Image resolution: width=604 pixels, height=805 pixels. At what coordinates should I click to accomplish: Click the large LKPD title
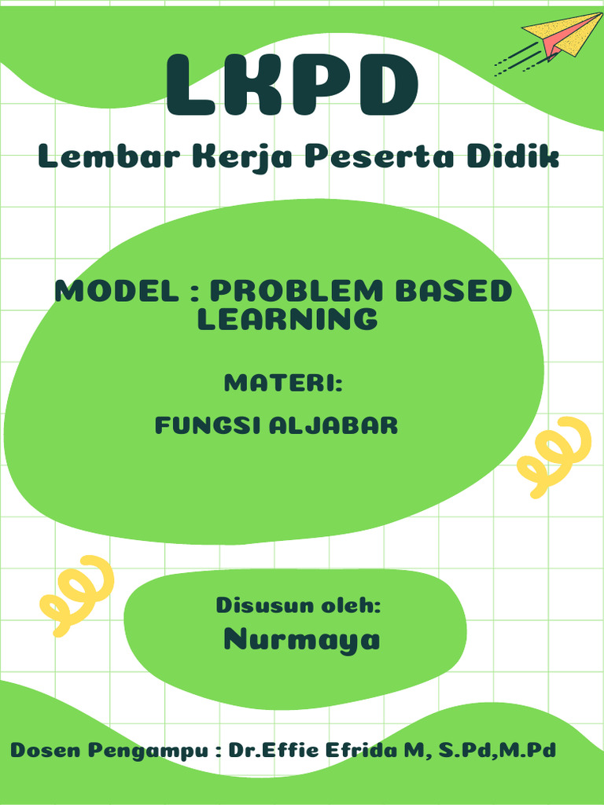point(292,86)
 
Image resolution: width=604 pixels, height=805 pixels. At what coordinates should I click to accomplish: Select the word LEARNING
point(287,319)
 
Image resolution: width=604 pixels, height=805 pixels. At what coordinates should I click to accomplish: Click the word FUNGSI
point(208,426)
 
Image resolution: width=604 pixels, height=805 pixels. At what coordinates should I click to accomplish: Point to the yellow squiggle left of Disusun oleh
point(75,594)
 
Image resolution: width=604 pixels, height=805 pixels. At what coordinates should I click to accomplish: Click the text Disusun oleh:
point(299,606)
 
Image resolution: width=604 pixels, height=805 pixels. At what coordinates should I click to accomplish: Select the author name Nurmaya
point(302,640)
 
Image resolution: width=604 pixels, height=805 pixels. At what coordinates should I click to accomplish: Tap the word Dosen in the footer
point(45,750)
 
